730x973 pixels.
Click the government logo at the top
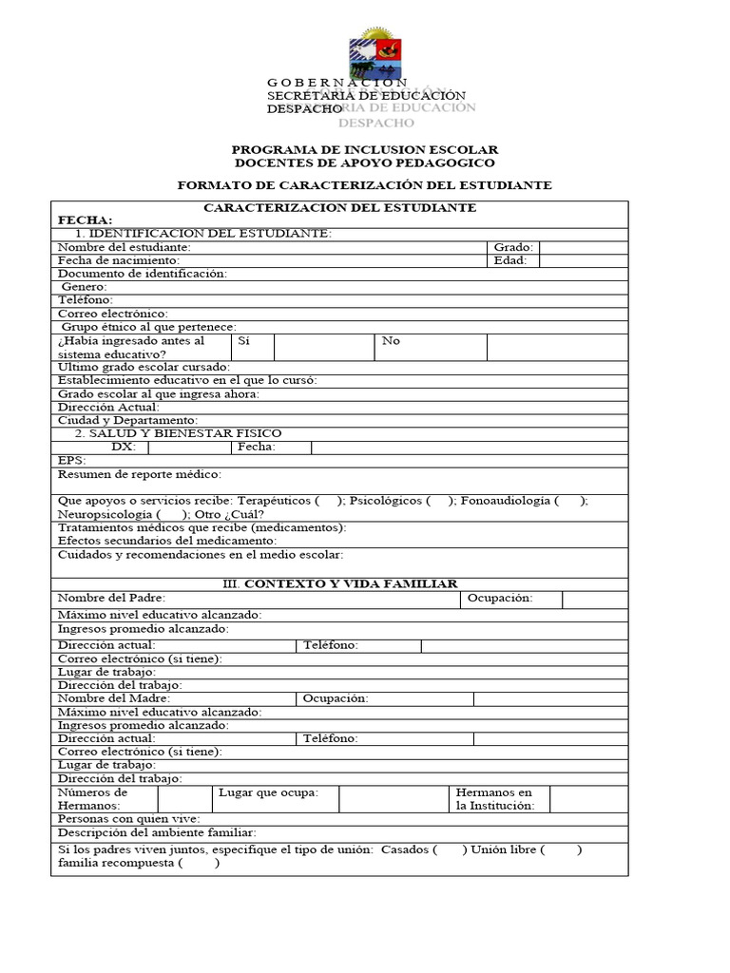(376, 53)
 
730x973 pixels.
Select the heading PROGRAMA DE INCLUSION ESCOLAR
(365, 150)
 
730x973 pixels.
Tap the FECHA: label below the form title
(85, 220)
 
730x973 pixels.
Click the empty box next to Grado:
(583, 247)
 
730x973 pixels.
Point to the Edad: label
(509, 260)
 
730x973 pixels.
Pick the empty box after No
(556, 347)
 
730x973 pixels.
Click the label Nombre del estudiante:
(130, 247)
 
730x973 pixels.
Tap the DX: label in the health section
(124, 447)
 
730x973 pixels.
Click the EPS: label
(72, 460)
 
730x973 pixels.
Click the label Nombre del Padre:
(111, 598)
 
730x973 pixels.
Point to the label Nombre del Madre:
(114, 698)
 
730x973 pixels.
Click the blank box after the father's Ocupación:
(594, 599)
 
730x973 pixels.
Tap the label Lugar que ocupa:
(268, 792)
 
